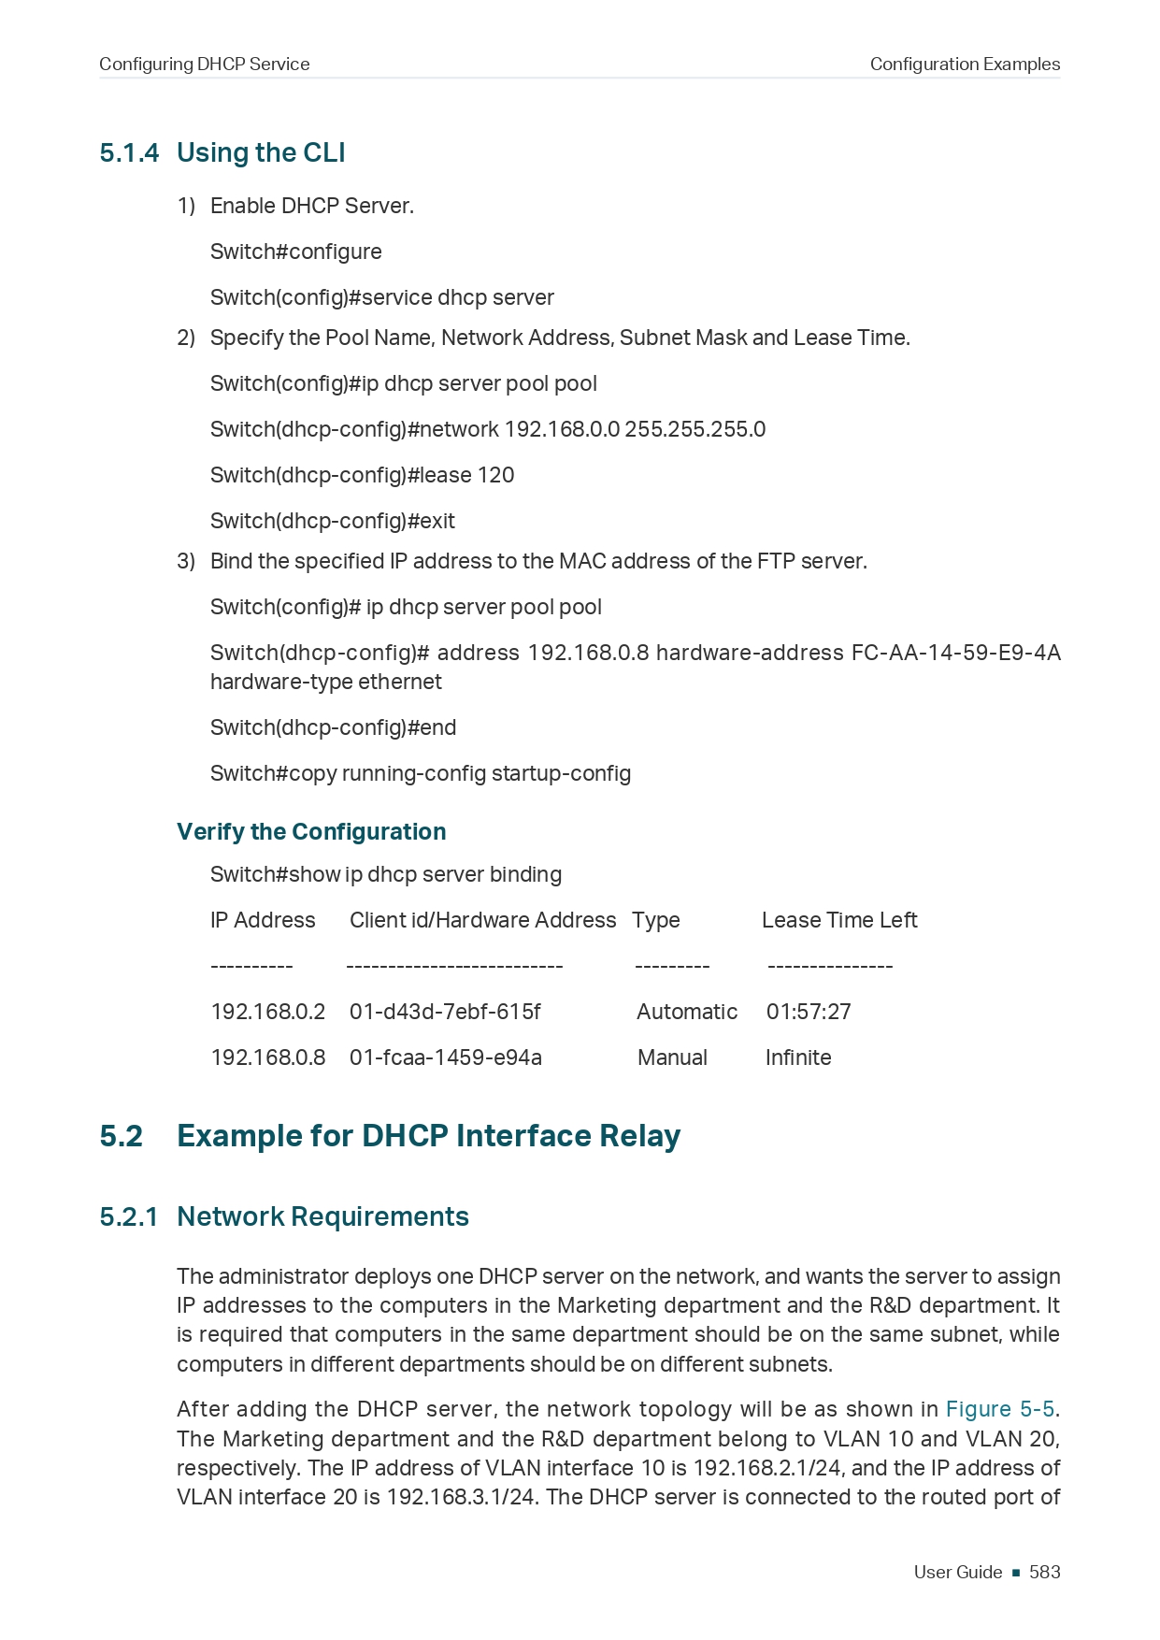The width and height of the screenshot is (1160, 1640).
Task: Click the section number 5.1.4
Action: click(x=129, y=153)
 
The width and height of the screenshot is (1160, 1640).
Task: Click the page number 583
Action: click(x=1044, y=1572)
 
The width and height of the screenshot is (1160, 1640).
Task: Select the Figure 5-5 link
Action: click(x=999, y=1409)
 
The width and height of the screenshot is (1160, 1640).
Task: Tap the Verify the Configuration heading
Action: click(x=311, y=831)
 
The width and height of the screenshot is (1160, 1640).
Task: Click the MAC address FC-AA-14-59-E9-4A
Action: click(x=955, y=653)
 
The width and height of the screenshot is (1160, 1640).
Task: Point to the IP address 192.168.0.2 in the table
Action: click(x=267, y=1012)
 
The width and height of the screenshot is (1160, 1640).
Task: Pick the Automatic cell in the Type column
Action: click(x=687, y=1012)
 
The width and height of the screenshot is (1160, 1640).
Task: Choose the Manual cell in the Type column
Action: click(x=672, y=1057)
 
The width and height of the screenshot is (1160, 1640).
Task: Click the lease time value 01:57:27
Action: click(x=809, y=1012)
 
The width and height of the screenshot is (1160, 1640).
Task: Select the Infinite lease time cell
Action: click(x=798, y=1057)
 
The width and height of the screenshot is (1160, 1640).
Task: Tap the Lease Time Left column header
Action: click(x=839, y=920)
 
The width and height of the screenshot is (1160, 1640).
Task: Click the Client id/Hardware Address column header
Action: click(x=482, y=920)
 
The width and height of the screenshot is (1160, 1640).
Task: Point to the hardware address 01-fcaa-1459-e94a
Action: click(x=445, y=1057)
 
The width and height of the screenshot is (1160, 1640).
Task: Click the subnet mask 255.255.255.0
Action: click(x=695, y=429)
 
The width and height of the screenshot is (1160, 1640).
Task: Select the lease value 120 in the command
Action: click(x=495, y=475)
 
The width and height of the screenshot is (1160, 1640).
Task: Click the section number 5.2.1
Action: click(x=129, y=1216)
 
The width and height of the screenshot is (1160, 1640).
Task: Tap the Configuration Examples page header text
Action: click(x=965, y=65)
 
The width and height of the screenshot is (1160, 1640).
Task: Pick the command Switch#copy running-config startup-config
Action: click(x=421, y=773)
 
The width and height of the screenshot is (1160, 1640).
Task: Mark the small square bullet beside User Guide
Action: click(x=1015, y=1573)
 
